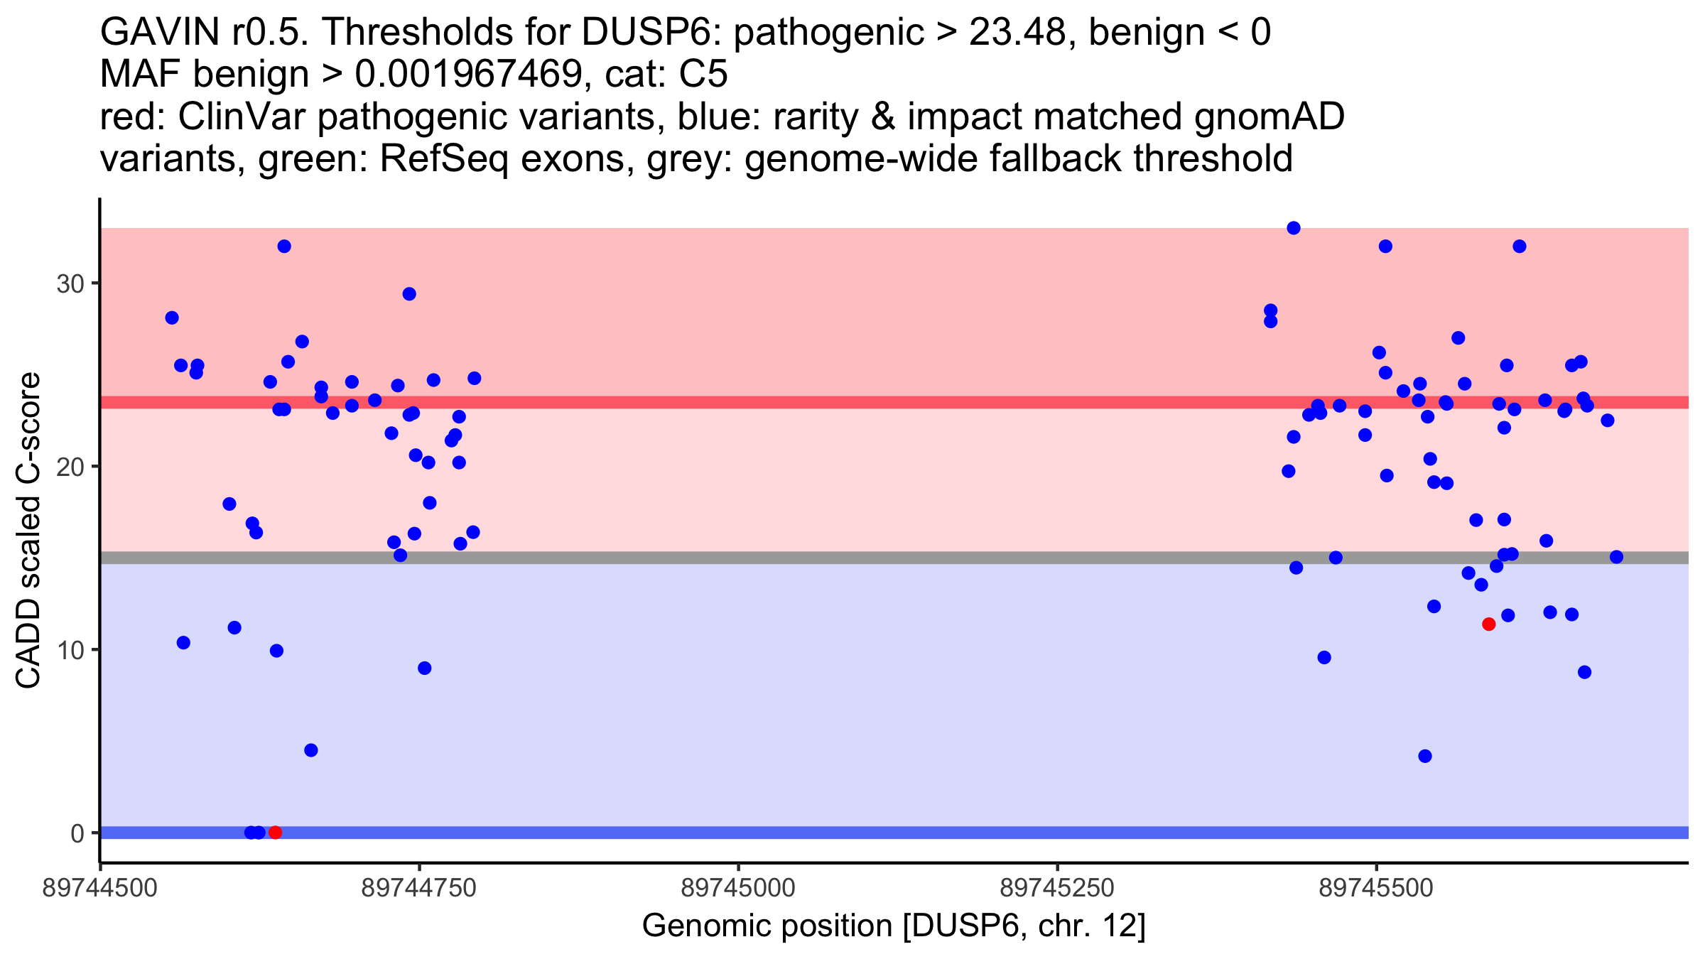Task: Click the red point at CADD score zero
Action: point(275,832)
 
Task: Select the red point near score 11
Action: point(1488,624)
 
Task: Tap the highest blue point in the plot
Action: point(1293,228)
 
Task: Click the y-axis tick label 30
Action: point(70,284)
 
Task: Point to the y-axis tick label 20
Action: point(70,467)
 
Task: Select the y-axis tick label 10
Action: point(70,650)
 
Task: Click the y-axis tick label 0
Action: point(77,833)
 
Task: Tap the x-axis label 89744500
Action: point(100,889)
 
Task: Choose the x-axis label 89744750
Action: point(418,889)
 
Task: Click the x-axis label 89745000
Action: point(738,889)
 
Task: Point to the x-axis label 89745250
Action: point(1057,889)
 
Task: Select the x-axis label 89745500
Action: point(1376,889)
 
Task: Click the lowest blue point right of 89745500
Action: point(1424,756)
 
